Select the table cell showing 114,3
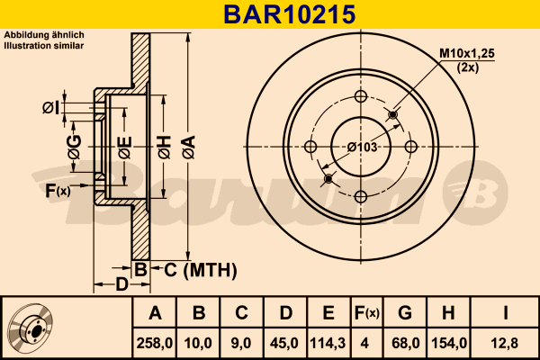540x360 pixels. point(328,342)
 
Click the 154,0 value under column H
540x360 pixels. point(449,342)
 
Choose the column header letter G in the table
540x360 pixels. point(405,313)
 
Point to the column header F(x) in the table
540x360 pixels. point(367,313)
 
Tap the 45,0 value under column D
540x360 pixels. point(285,342)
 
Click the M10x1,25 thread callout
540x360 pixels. point(467,55)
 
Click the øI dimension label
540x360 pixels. point(50,108)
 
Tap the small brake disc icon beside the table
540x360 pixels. point(30,328)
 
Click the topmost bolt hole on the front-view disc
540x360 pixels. point(360,96)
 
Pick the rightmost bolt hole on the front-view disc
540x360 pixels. point(410,147)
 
